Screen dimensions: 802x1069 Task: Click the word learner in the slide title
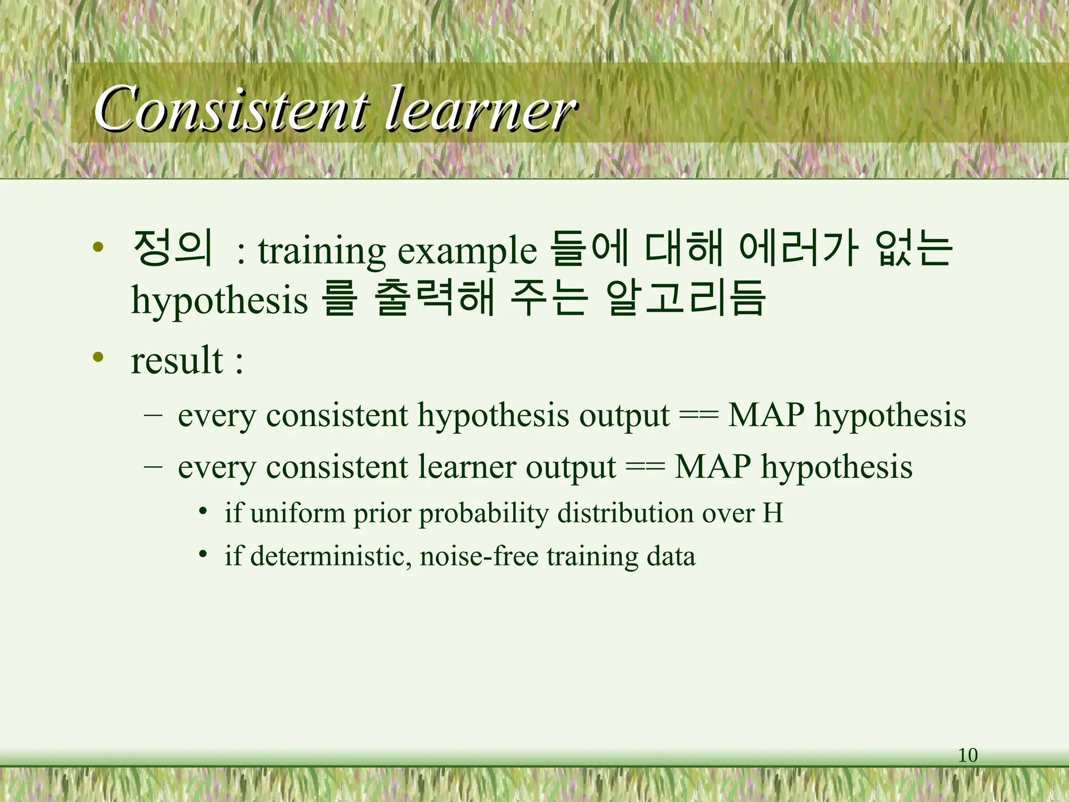[480, 110]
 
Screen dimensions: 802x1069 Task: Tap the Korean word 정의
[172, 248]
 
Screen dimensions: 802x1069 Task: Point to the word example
[467, 252]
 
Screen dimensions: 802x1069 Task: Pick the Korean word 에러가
[799, 248]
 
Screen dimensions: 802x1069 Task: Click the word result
[177, 360]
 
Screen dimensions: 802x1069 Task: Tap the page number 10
[967, 755]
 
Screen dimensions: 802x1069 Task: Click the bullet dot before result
[98, 358]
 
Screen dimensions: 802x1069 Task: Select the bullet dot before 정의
[98, 247]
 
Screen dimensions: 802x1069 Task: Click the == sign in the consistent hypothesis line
[698, 416]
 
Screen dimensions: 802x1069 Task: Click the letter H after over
[773, 513]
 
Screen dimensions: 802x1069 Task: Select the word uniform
[298, 513]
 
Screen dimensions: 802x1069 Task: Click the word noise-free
[479, 556]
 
